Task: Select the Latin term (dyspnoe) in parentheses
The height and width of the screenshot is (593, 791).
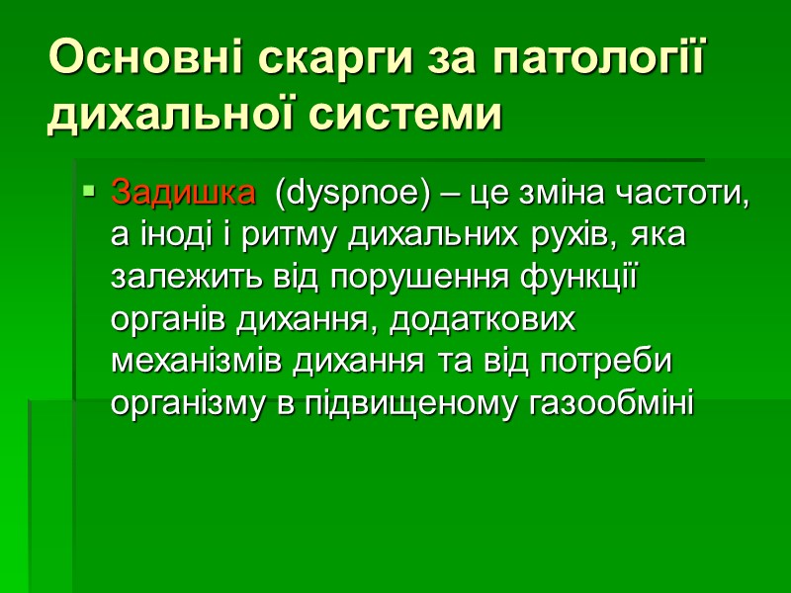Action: point(349,194)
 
